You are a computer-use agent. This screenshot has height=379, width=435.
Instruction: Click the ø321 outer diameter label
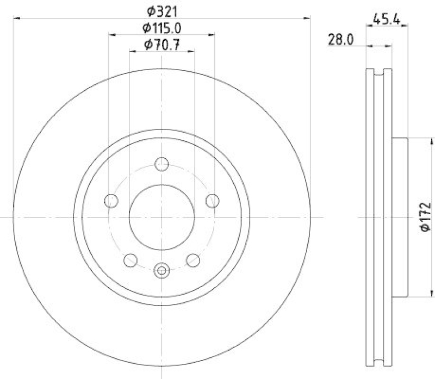point(161,10)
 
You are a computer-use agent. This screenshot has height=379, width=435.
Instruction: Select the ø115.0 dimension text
point(161,27)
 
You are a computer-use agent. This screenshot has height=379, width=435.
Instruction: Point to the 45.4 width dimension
point(387,22)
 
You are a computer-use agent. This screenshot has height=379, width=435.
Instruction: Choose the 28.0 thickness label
point(341,39)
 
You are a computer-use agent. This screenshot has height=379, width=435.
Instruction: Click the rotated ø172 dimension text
point(425,219)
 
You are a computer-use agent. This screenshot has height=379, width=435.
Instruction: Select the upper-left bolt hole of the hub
point(111,201)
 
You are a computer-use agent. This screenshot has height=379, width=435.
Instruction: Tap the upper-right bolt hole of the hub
point(212,201)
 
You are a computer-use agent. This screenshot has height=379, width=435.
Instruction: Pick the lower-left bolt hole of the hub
point(130,260)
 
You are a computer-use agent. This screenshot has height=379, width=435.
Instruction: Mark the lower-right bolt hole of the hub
point(192,260)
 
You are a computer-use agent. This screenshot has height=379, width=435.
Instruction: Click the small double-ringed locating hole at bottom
point(161,269)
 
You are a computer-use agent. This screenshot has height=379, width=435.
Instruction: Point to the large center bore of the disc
point(161,216)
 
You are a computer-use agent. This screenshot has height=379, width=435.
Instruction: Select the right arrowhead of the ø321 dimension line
point(308,18)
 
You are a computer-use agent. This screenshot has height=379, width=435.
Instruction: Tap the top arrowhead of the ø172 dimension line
point(417,141)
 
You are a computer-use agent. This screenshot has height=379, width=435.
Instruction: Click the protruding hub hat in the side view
point(400,218)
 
